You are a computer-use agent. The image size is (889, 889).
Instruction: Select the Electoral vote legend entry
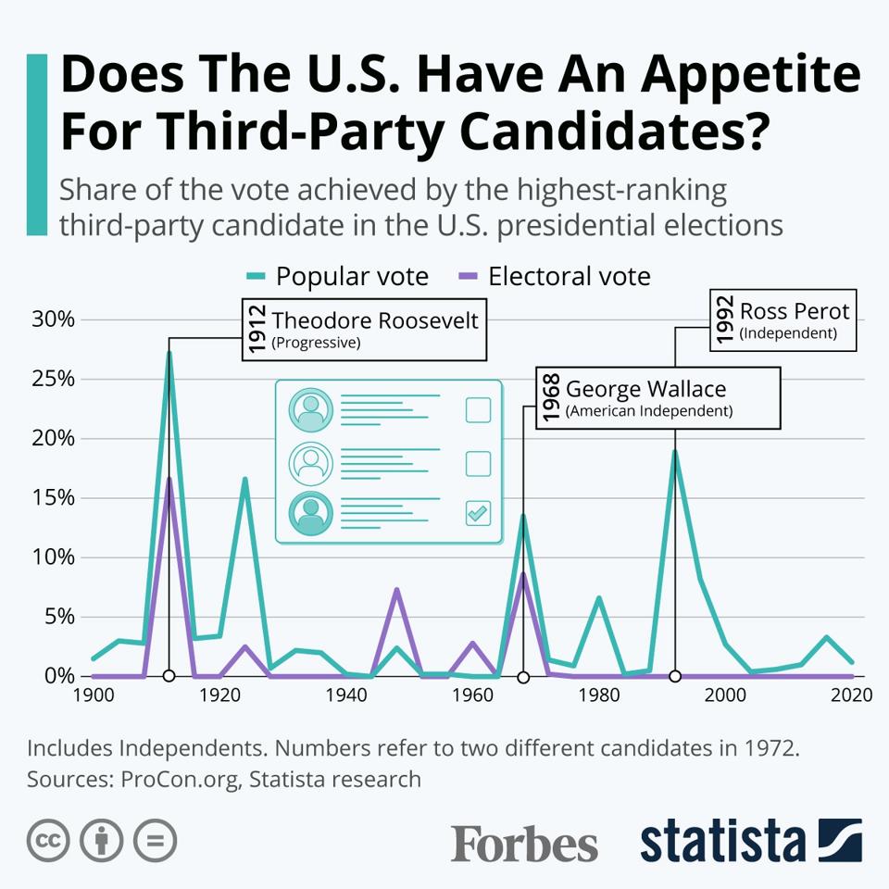[x=555, y=276]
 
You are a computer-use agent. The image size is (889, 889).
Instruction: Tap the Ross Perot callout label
[x=783, y=320]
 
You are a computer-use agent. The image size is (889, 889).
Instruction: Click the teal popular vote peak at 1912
[x=169, y=352]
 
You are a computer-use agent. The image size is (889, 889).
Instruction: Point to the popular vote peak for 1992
[x=675, y=451]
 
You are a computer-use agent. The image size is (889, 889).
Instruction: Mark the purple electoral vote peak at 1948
[x=396, y=589]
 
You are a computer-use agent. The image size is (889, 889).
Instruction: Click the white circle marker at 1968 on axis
[x=523, y=676]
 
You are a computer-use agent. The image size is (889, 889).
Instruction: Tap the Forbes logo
[x=524, y=843]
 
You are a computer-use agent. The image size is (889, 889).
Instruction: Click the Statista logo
[x=750, y=841]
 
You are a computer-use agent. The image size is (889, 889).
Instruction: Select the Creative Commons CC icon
[x=49, y=841]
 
